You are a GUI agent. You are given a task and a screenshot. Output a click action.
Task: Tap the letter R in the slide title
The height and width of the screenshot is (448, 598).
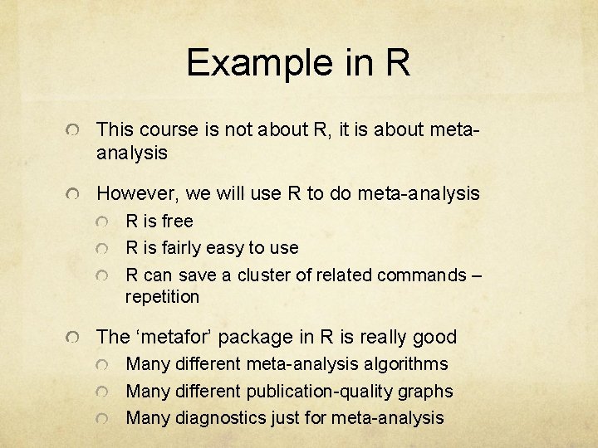[397, 63]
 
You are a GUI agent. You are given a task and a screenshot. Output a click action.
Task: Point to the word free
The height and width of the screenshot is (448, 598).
[177, 222]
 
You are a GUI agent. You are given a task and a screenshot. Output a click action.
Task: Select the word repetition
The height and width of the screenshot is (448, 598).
[163, 296]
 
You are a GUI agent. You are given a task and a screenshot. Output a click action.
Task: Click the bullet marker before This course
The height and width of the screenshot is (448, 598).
[76, 131]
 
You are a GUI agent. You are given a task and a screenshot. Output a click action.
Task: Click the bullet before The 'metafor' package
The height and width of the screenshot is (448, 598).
[76, 338]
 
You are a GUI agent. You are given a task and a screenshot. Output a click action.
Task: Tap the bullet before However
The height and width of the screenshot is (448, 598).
[76, 195]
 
